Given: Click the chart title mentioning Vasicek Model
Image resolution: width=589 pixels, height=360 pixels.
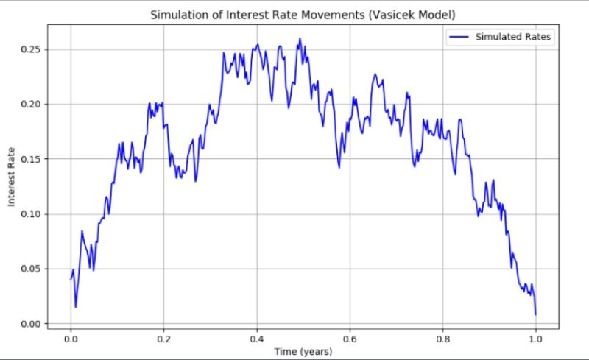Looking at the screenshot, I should tap(303, 14).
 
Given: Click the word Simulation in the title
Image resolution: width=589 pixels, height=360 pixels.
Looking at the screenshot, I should tap(177, 14).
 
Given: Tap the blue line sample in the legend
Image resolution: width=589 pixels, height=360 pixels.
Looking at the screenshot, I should tap(459, 36).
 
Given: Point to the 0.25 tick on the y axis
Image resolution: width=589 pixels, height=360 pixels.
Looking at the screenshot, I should tap(32, 49).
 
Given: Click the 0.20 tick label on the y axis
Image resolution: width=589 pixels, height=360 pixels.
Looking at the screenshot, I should tap(32, 105).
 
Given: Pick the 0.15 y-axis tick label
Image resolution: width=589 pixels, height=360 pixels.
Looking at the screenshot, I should tap(32, 159).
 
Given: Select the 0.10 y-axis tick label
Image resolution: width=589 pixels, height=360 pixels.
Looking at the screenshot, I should tap(32, 214).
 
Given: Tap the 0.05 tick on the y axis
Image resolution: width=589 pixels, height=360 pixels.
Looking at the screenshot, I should tap(32, 269).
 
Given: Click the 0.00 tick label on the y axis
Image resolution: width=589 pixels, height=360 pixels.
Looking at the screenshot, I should tap(32, 324).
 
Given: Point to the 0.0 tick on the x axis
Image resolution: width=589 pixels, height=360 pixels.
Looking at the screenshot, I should tap(71, 340).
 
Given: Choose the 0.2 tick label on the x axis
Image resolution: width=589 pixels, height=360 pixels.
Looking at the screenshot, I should tap(163, 340).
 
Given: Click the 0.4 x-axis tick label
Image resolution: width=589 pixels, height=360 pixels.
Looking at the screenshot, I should tap(257, 340).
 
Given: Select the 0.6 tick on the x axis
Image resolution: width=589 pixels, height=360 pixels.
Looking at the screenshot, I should tap(350, 340).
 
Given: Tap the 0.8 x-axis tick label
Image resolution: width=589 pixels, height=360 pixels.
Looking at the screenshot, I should tap(442, 340).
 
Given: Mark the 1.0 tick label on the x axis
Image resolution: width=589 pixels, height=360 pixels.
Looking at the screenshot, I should tap(535, 340).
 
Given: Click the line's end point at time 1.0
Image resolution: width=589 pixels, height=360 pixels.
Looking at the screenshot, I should tap(535, 314).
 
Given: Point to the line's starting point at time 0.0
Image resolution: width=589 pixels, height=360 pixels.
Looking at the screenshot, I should tap(71, 280).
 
